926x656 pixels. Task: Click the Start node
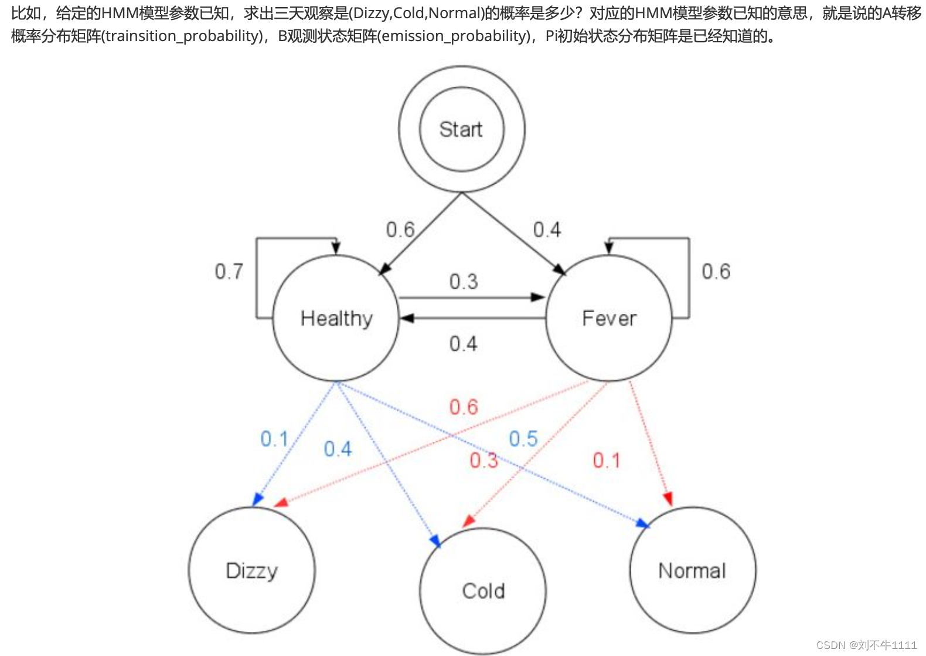461,130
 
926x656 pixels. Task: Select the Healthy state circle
336,319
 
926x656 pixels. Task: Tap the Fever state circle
609,319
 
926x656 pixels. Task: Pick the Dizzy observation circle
251,570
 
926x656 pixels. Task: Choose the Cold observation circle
483,590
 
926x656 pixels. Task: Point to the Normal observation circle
692,570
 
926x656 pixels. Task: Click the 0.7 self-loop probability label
229,272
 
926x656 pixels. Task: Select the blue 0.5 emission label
523,439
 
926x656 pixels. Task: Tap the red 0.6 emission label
464,407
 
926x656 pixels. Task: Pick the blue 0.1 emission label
274,439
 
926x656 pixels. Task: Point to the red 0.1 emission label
606,461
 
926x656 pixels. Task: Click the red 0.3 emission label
484,461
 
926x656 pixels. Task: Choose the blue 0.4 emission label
338,449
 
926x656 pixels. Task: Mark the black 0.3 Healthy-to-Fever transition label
464,282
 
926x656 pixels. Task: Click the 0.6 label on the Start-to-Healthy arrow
400,230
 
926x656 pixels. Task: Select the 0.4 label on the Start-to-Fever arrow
547,230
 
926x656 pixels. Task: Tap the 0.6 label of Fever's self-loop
716,272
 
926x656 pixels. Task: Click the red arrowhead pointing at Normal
668,499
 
